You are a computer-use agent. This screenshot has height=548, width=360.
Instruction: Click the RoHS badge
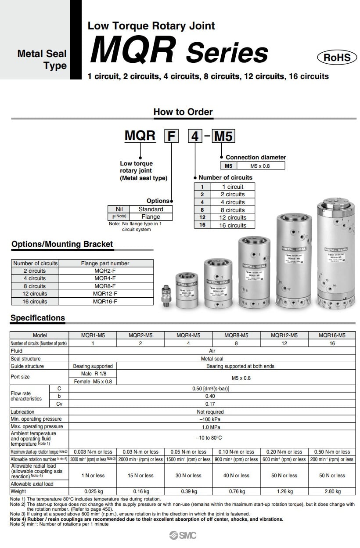point(337,58)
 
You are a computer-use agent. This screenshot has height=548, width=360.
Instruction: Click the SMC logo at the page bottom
point(183,535)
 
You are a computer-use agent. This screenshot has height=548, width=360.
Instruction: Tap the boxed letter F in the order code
point(172,136)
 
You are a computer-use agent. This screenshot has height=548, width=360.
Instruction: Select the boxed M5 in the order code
point(223,136)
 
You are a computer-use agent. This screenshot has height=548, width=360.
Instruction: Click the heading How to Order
point(183,112)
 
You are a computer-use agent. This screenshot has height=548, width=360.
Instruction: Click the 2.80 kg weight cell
point(332,491)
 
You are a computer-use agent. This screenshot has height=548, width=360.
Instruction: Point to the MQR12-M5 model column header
point(284,335)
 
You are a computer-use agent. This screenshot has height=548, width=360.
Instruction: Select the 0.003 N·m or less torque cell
point(93,451)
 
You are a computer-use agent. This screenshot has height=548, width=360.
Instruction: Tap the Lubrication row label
point(23,412)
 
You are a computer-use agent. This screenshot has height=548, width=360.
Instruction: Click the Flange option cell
point(151,216)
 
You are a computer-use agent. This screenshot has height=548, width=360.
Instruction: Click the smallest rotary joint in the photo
point(166,296)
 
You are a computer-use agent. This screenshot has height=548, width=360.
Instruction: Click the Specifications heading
point(38,318)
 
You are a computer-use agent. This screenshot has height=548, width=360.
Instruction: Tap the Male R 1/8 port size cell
point(93,373)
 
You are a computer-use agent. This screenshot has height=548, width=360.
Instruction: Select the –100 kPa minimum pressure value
point(212,419)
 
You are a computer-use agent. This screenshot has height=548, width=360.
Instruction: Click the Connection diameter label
point(256,157)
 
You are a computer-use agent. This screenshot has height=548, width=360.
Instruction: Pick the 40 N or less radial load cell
point(236,476)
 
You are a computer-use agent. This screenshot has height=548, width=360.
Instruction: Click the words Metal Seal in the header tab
point(42,54)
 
